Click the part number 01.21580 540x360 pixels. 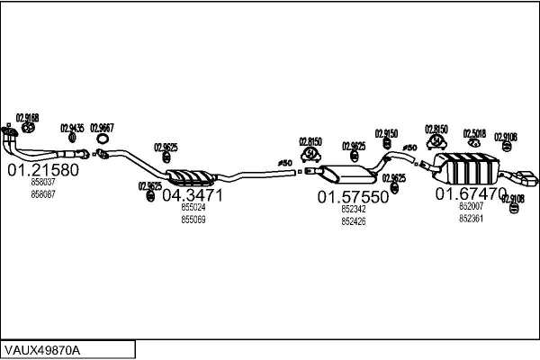(x=43, y=169)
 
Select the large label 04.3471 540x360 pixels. (x=192, y=194)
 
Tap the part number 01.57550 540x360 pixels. (x=352, y=196)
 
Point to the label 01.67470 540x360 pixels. (x=470, y=193)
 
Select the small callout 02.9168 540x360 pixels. (x=27, y=117)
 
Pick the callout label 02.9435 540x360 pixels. (x=73, y=128)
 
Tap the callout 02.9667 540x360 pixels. (x=103, y=128)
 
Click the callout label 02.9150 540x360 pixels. (x=386, y=133)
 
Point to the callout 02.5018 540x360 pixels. (x=474, y=133)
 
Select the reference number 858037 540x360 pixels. (x=42, y=183)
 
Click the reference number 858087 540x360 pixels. (x=42, y=193)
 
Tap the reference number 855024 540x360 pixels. (x=193, y=208)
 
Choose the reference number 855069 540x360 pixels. (x=193, y=220)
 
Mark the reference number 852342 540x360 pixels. (x=353, y=210)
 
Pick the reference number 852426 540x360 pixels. (x=353, y=221)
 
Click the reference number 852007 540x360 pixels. (x=471, y=207)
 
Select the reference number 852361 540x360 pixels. (x=471, y=219)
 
